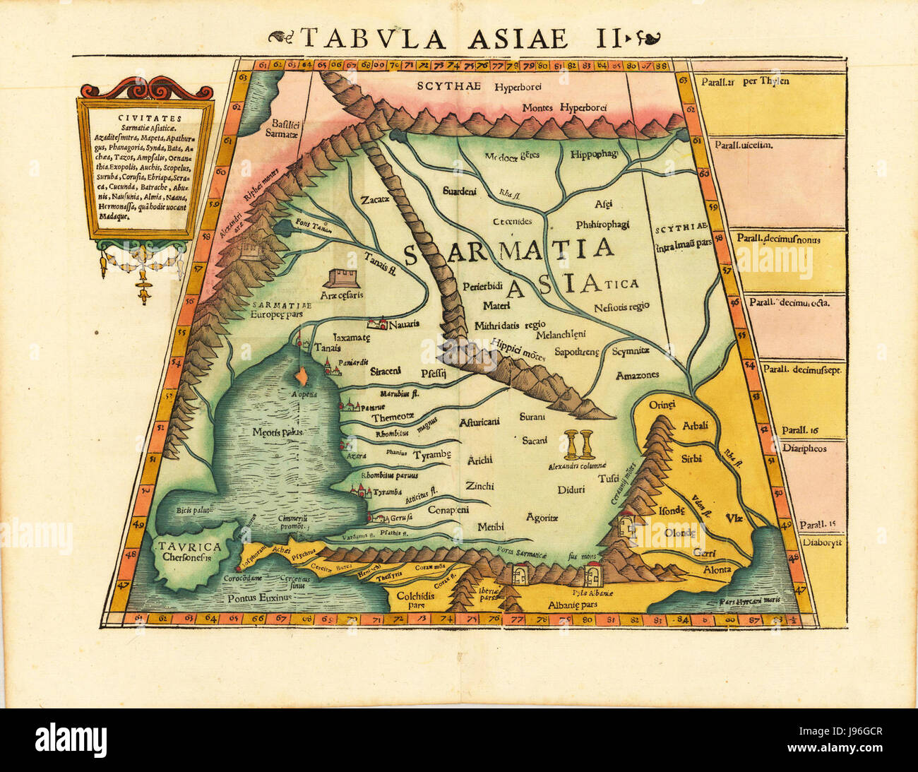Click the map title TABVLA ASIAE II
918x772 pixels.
459,37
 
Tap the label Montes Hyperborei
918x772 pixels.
566,108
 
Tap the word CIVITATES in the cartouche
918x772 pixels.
142,119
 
